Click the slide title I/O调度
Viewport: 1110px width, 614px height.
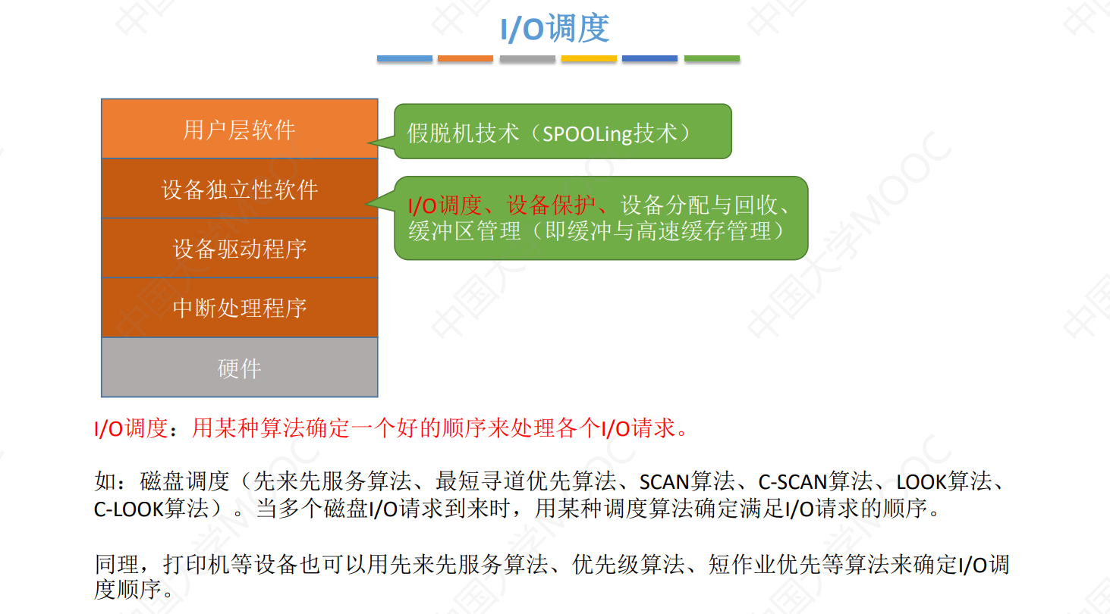[555, 29]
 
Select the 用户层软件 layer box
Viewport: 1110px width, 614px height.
[239, 129]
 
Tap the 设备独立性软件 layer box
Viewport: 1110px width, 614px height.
[239, 189]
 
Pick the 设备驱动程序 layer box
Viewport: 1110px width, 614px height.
[239, 249]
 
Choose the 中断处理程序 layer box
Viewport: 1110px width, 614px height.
[239, 308]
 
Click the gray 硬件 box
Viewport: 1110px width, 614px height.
[239, 368]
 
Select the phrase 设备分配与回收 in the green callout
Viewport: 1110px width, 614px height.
[698, 205]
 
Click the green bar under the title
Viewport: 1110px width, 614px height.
[712, 58]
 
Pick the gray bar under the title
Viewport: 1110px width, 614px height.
[527, 58]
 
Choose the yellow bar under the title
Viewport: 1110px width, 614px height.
[589, 58]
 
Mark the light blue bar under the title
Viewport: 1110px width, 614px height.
[404, 58]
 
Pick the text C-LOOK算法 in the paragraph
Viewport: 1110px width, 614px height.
[151, 508]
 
